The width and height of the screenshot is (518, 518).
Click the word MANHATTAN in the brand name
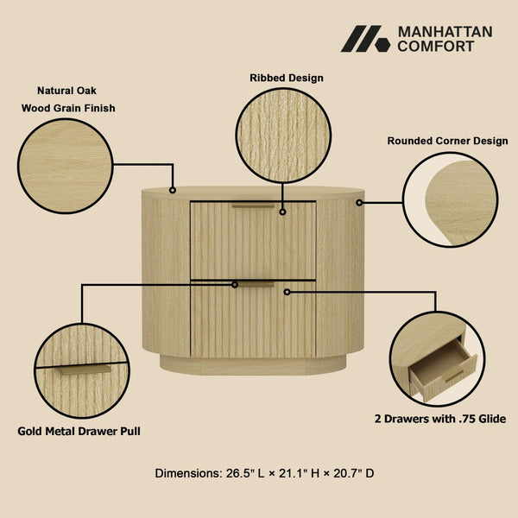click(x=445, y=32)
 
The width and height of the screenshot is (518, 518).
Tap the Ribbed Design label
click(x=287, y=78)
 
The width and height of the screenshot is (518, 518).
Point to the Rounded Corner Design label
click(x=447, y=141)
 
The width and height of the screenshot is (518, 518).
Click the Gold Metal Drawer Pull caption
click(x=79, y=430)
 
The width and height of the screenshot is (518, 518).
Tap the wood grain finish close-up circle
click(x=65, y=166)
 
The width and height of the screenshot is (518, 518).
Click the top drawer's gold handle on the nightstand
click(x=253, y=205)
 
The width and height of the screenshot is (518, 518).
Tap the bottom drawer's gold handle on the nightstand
click(x=253, y=283)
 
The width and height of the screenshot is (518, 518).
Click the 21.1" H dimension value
click(x=303, y=473)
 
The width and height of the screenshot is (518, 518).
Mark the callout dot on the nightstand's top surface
click(x=173, y=189)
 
